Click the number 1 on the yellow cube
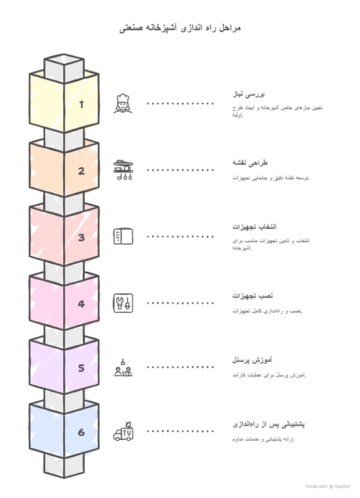click(x=81, y=104)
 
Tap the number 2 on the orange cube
click(x=81, y=171)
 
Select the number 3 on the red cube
click(x=81, y=237)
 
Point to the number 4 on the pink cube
click(x=81, y=304)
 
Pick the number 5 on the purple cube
click(x=81, y=368)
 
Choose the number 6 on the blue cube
click(x=81, y=432)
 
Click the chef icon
click(x=123, y=104)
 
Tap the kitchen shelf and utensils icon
click(x=123, y=170)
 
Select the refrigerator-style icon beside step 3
click(x=123, y=236)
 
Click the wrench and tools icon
click(x=123, y=303)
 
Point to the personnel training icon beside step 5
click(x=123, y=368)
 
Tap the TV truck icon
click(x=123, y=431)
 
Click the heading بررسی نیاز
click(x=248, y=94)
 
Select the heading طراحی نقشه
click(x=250, y=163)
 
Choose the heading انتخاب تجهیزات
click(x=254, y=227)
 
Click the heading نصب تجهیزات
click(x=252, y=296)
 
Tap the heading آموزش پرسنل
click(x=252, y=360)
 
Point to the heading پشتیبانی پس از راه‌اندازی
click(x=269, y=424)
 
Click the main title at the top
click(x=180, y=28)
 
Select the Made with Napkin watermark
click(x=327, y=486)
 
